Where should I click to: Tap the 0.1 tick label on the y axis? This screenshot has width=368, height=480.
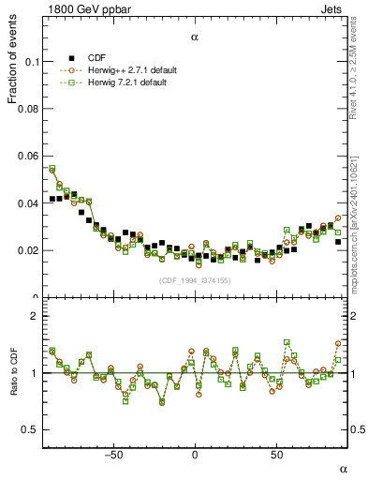tap(27, 62)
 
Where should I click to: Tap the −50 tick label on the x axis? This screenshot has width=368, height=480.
tap(113, 455)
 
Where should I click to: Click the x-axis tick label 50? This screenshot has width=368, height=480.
tap(276, 455)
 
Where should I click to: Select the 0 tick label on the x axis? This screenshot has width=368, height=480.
tap(195, 455)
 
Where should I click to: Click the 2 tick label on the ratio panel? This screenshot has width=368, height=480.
tap(32, 316)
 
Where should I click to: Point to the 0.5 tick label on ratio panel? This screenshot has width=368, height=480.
tap(27, 429)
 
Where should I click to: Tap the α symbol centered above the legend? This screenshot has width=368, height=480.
tap(195, 37)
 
